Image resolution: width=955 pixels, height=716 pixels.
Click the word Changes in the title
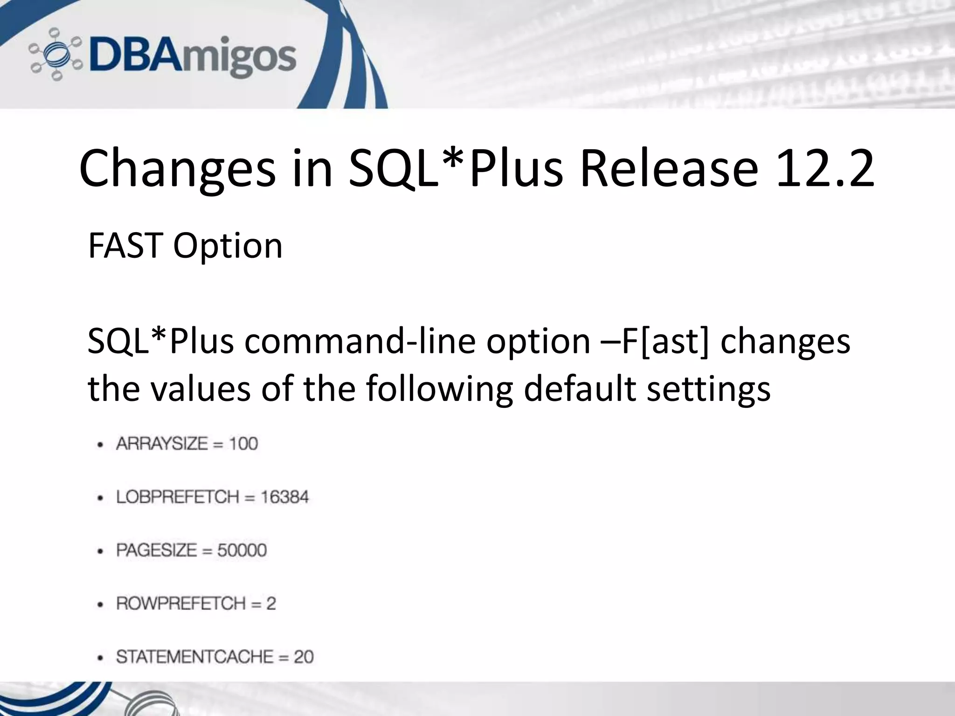[x=178, y=168]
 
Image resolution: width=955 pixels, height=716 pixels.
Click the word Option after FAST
[x=228, y=247]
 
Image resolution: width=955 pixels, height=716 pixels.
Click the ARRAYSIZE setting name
[x=162, y=444]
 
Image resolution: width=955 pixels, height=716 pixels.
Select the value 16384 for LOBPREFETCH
[x=284, y=497]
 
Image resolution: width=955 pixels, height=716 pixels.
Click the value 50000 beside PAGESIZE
[x=242, y=551]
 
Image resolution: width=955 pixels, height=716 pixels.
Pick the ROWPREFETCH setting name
[x=180, y=604]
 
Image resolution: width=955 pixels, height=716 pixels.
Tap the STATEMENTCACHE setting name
[x=194, y=657]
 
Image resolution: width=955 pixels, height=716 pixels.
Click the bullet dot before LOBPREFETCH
[x=100, y=498]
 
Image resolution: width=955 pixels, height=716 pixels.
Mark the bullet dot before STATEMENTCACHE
[x=100, y=658]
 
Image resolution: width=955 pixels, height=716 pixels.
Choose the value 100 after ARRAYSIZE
[x=243, y=444]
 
